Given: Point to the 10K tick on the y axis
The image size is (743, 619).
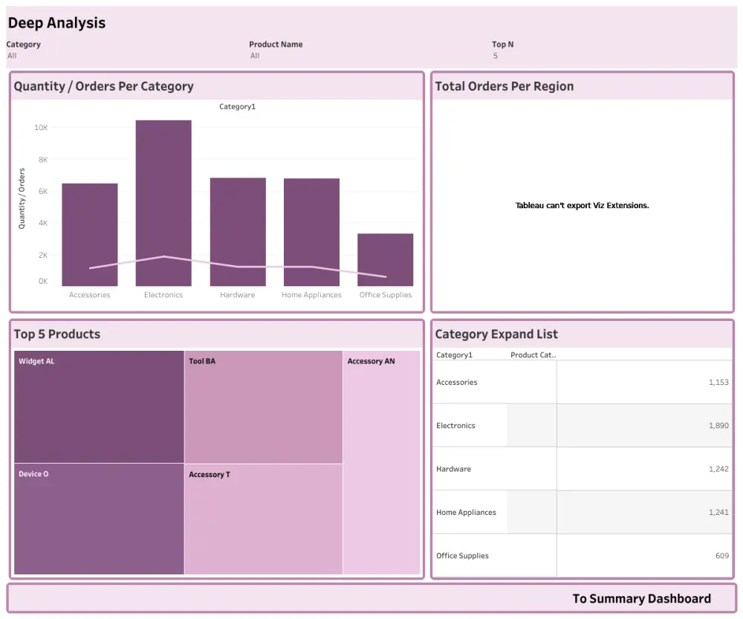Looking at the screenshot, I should [40, 128].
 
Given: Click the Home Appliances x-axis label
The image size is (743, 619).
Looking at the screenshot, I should [311, 295].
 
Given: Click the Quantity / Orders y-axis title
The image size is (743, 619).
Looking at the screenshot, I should [22, 198].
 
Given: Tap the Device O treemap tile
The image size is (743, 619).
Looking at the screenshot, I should [99, 519].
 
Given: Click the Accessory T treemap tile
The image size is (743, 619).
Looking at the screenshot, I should [264, 519].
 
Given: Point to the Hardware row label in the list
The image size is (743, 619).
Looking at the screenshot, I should [453, 469].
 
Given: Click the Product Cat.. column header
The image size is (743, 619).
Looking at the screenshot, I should [533, 355].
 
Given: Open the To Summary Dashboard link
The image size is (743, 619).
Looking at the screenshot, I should [641, 599].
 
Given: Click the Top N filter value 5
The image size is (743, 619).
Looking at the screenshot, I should [495, 56].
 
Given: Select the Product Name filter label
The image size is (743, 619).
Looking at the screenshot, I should [276, 45].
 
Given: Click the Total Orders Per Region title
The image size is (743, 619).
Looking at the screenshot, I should [504, 86].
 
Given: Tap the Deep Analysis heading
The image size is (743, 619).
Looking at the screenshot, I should [56, 23].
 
